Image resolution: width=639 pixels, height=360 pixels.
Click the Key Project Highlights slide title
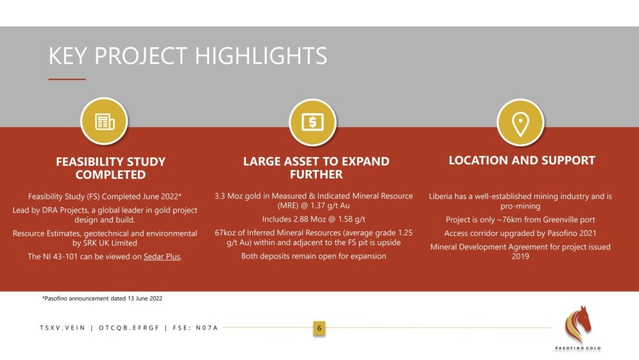point(188,56)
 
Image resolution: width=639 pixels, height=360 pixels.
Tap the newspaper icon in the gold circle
point(104,121)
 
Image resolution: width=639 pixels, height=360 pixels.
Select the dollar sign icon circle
point(312,122)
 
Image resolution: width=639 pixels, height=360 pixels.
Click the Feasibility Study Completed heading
point(111,168)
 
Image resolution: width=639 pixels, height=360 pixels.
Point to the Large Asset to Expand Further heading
point(316,168)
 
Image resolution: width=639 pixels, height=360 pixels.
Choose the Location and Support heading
point(522,160)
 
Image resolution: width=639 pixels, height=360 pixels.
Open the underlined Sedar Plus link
point(162,256)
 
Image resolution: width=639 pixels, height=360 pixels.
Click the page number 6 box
point(319,328)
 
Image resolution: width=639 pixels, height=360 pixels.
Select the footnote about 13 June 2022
point(102,299)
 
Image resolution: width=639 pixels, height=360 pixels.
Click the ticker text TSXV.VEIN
point(63,328)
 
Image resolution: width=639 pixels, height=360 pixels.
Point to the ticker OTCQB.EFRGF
point(129,328)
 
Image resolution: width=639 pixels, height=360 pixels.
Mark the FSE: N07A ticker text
point(196,328)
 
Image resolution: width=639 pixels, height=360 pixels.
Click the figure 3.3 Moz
point(229,196)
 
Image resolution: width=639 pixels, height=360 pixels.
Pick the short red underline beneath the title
point(67,79)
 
